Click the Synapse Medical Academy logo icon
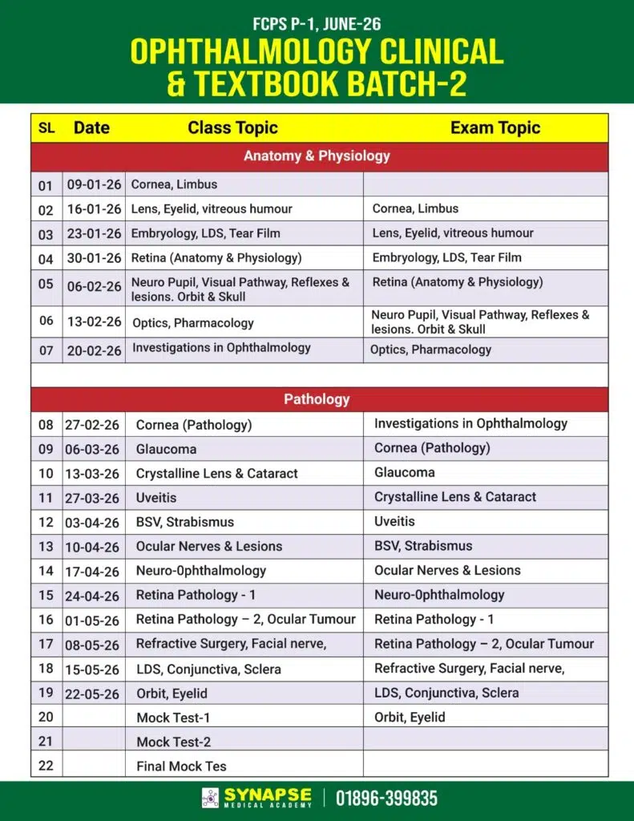click(x=211, y=798)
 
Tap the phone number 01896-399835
click(x=386, y=799)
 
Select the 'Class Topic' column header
click(x=232, y=127)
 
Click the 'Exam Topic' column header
click(x=495, y=127)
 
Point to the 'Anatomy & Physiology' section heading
click(x=317, y=156)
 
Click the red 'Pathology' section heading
click(x=317, y=399)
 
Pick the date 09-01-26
click(x=94, y=184)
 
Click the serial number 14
click(x=46, y=571)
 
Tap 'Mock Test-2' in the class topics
click(x=173, y=742)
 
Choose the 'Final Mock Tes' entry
click(x=181, y=766)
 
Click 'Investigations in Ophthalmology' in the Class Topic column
click(x=221, y=348)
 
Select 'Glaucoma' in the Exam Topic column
click(x=404, y=472)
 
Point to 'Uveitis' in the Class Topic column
click(x=156, y=498)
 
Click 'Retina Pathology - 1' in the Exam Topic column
click(x=434, y=619)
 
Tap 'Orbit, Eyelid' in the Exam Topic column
click(x=410, y=717)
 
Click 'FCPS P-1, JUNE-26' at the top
click(x=316, y=25)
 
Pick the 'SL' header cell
click(x=46, y=127)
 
